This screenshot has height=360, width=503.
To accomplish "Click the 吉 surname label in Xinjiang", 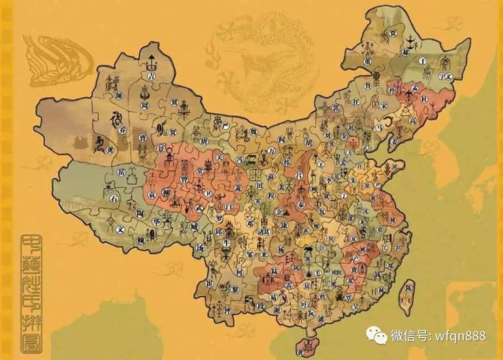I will pos(150,75).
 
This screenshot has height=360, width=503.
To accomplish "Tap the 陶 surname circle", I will pos(139,213).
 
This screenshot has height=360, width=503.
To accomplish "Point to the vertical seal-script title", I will pos(31,293).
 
